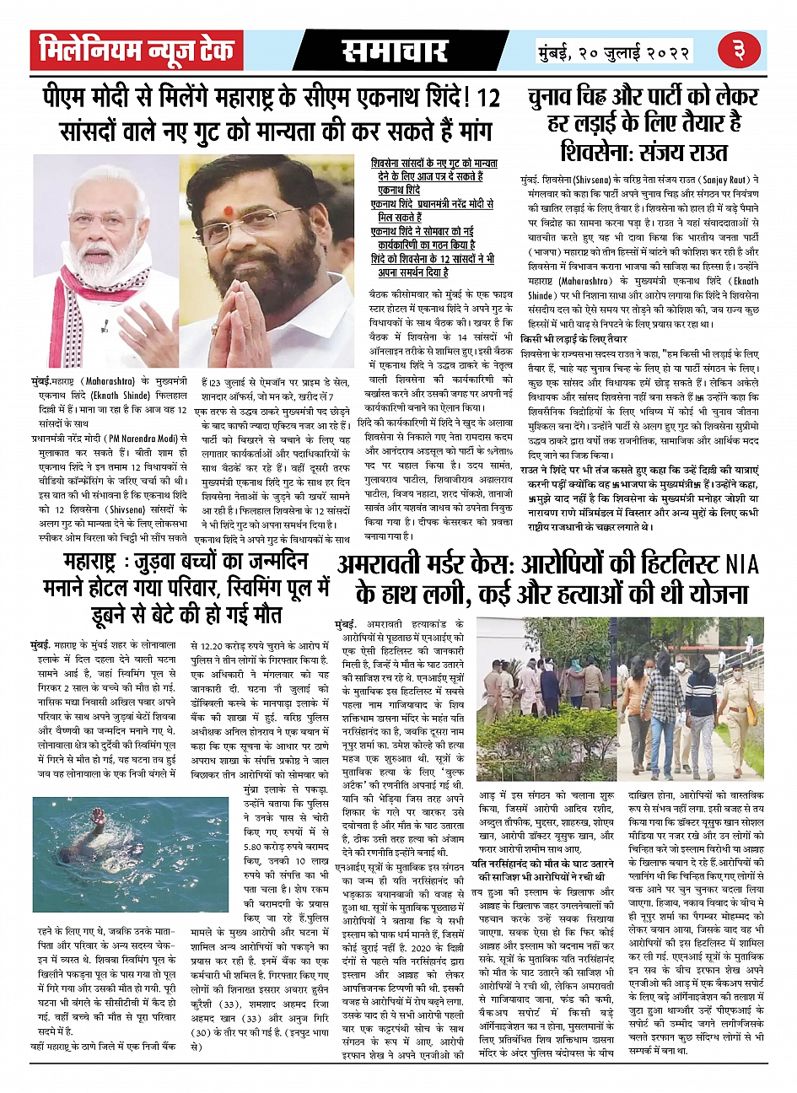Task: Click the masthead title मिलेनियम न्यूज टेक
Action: click(x=137, y=51)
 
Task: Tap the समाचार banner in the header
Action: click(x=394, y=51)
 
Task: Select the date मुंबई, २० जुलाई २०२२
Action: click(x=615, y=52)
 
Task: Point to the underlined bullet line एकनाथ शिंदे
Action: click(x=396, y=191)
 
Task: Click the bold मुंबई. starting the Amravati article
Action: click(x=346, y=623)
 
